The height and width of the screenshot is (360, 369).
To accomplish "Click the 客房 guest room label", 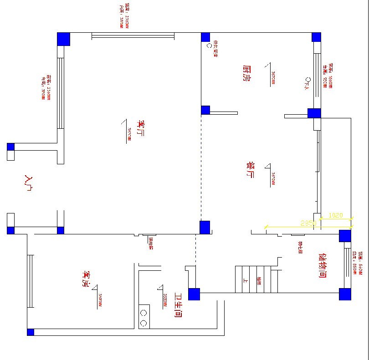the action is (85, 279).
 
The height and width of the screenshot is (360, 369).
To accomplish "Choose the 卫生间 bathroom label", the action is (179, 305).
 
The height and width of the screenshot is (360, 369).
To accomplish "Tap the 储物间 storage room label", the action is (323, 265).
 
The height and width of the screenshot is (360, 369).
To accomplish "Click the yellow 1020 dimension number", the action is (335, 215).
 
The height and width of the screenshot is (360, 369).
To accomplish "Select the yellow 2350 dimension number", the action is (308, 223).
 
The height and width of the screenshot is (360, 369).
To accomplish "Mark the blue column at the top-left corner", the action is (63, 39).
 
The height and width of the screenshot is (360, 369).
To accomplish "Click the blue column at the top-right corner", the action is (316, 37).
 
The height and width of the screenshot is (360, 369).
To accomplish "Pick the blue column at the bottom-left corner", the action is (31, 332).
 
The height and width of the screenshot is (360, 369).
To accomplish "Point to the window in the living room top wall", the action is (133, 35).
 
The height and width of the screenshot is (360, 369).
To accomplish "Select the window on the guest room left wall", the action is (31, 281).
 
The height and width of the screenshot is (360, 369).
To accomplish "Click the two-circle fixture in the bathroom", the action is (143, 318).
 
